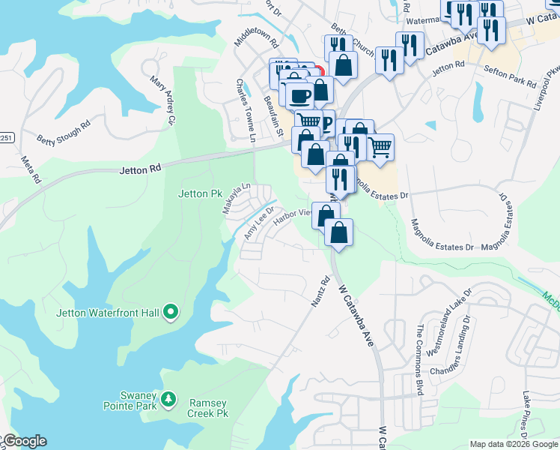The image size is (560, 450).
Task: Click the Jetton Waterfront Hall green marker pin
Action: [170, 312]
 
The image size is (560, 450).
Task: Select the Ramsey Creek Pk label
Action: [208, 408]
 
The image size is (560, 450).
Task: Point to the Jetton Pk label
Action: [201, 193]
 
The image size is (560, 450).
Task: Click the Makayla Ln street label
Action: [237, 199]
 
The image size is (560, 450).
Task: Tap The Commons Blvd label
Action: [419, 360]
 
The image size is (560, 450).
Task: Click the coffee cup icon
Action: [299, 96]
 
